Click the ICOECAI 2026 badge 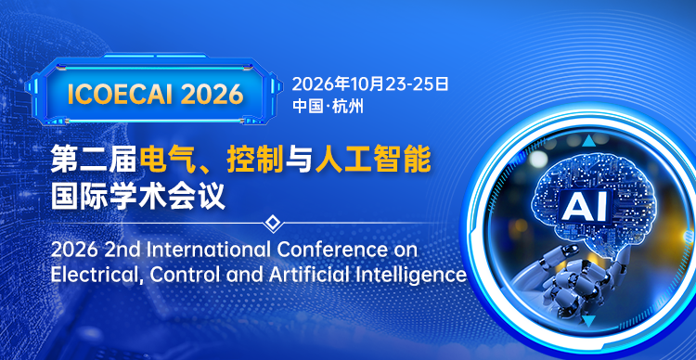pos(155,93)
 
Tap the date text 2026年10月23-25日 pos(370,84)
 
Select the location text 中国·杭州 pos(328,105)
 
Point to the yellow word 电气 pos(167,161)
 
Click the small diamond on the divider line pos(272,223)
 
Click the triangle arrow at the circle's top pos(587,142)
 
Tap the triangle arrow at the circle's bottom pos(587,322)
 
